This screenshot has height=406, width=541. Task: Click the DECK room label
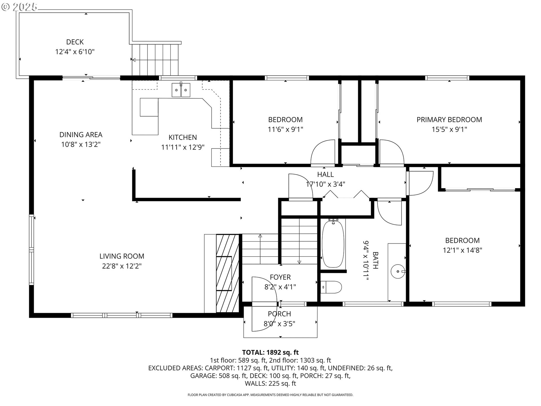75,42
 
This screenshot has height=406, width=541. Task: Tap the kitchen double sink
181,90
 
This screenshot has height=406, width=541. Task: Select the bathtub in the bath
333,243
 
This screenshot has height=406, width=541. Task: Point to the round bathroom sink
398,271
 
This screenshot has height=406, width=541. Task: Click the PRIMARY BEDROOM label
449,120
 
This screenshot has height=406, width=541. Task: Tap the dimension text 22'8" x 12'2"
122,266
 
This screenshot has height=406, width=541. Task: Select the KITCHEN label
183,137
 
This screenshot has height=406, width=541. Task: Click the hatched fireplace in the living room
227,273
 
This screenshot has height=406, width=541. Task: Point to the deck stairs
156,59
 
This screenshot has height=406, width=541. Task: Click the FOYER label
280,277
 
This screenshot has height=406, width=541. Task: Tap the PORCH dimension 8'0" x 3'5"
279,323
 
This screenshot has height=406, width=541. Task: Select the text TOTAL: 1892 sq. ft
270,352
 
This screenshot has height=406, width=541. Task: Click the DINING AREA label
81,134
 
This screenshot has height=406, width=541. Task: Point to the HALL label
325,175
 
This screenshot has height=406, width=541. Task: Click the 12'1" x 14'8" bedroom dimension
462,250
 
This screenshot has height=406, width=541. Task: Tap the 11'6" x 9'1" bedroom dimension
285,129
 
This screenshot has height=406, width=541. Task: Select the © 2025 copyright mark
19,7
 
